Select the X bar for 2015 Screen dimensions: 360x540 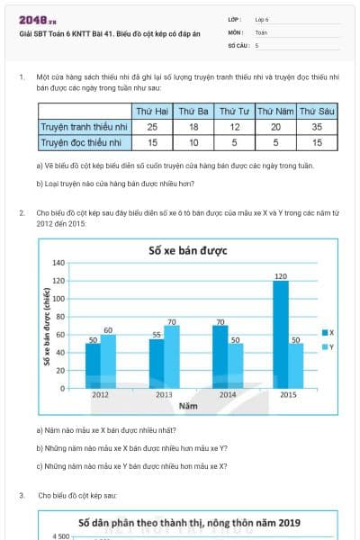tap(281, 333)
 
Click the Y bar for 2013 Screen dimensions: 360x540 tap(171, 355)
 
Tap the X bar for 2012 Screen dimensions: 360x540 tap(93, 364)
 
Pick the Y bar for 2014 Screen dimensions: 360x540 tap(235, 364)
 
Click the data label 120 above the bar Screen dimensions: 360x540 tap(281, 275)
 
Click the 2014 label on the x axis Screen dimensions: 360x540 tap(228, 394)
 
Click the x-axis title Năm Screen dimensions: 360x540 tap(187, 407)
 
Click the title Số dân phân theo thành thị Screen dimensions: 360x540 tap(189, 522)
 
